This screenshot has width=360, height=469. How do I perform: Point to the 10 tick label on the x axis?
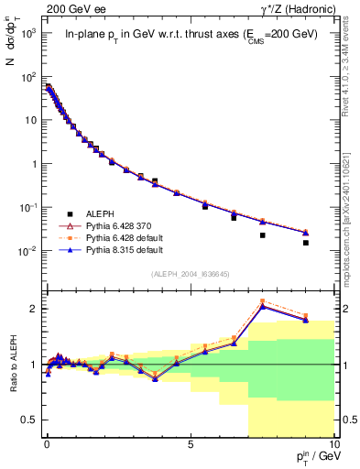pos(333,443)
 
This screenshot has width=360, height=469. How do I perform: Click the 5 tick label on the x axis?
pos(190,443)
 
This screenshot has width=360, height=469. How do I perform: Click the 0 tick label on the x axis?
pos(47,443)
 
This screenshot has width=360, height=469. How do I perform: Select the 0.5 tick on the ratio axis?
pos(30,420)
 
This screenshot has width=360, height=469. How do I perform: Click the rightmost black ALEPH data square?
pos(305,243)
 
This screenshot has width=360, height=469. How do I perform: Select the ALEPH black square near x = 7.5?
pos(262,235)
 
